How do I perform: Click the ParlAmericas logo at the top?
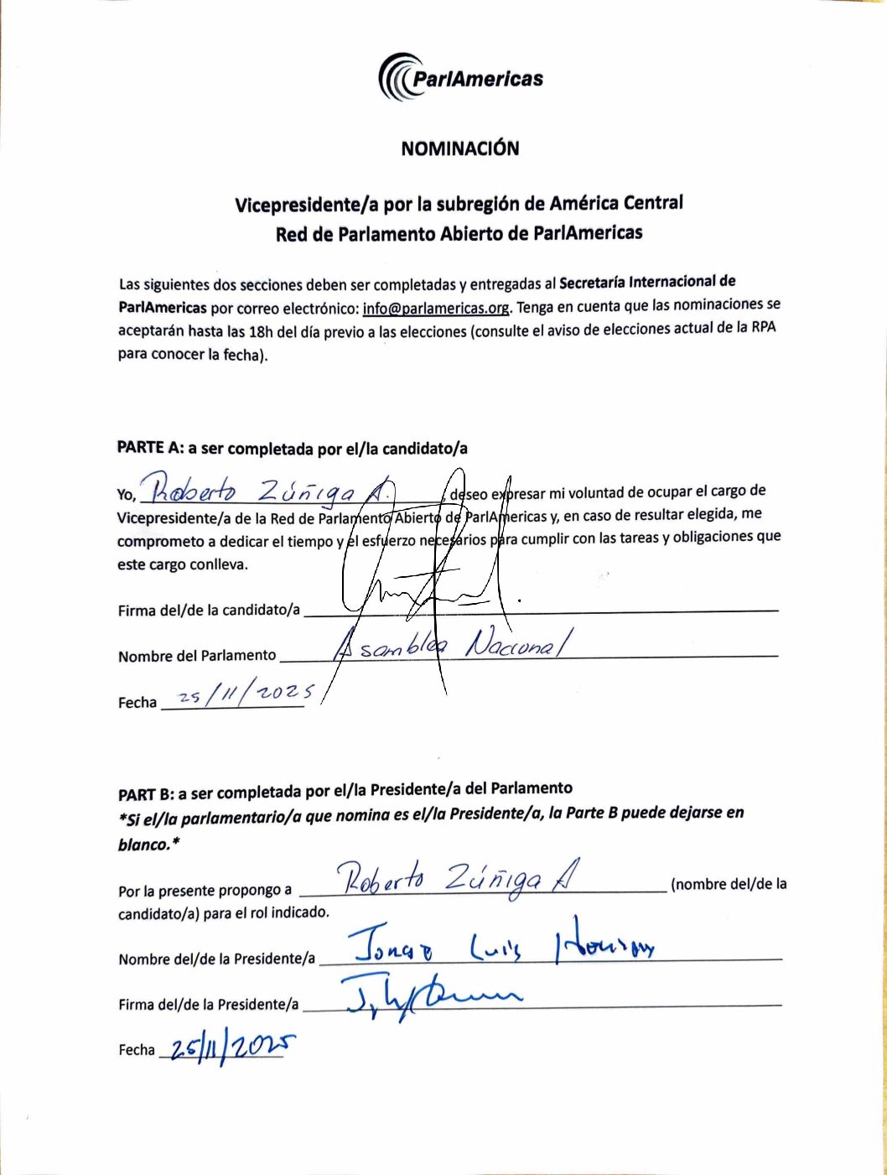(x=460, y=78)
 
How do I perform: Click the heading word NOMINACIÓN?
(x=459, y=148)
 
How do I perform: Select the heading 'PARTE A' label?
(x=149, y=448)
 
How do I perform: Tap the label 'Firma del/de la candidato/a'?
(x=209, y=610)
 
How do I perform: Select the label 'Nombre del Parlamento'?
(x=197, y=655)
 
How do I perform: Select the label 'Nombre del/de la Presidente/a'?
(x=216, y=959)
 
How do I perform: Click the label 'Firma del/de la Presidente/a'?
(x=208, y=1004)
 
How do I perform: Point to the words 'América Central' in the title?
(x=616, y=203)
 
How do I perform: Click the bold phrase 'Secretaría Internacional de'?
(x=647, y=283)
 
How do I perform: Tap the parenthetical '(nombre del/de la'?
(x=729, y=884)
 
